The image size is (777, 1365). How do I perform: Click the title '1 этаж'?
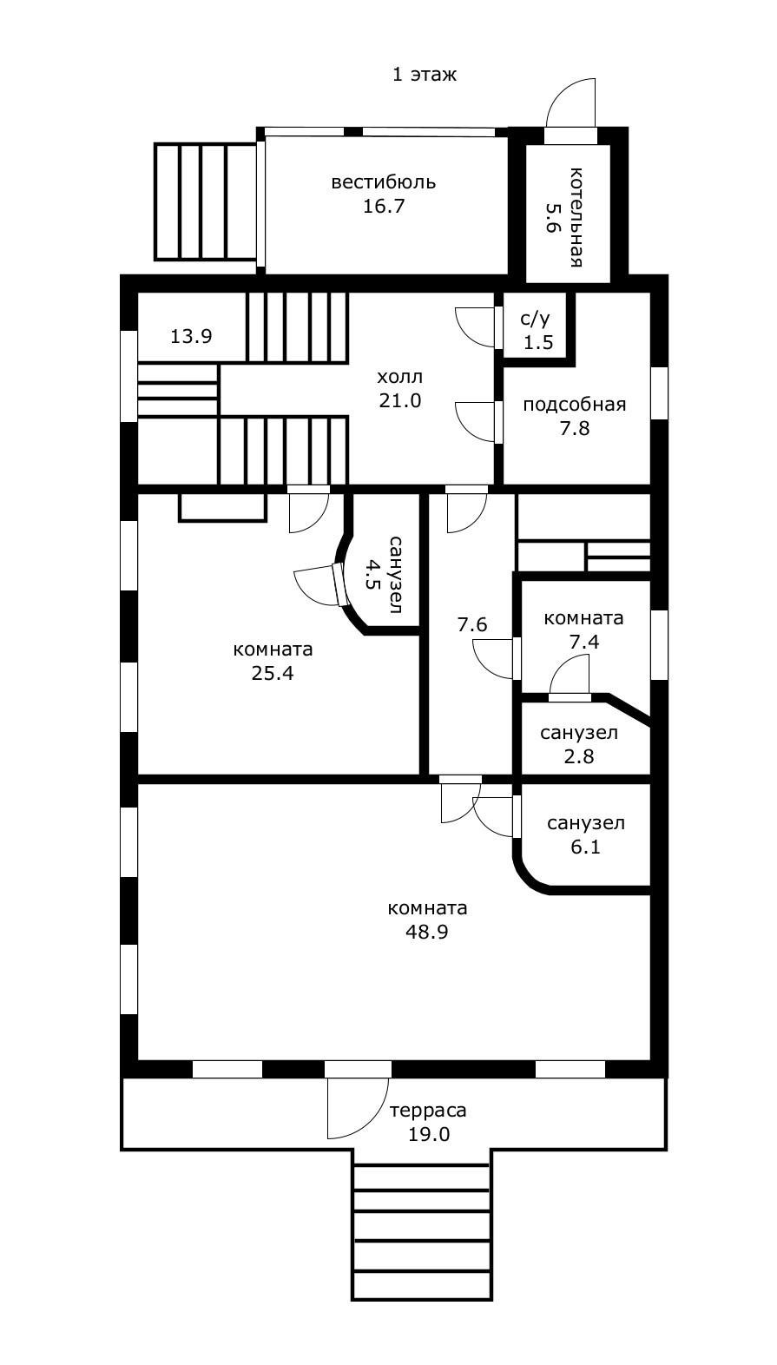(425, 75)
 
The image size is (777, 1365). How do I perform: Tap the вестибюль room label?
(384, 181)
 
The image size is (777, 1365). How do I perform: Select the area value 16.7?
(384, 206)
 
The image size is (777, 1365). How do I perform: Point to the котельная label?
(575, 217)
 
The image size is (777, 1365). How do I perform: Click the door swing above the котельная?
(570, 102)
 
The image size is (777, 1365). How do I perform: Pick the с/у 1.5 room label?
(537, 330)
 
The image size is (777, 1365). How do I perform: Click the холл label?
(399, 376)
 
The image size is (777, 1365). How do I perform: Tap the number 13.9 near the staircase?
(191, 336)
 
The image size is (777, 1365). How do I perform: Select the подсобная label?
(574, 405)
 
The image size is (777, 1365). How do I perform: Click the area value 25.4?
(273, 673)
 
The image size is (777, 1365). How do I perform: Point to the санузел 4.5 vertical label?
(384, 575)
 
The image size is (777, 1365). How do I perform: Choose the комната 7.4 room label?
(583, 630)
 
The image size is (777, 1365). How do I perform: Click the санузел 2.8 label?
(579, 744)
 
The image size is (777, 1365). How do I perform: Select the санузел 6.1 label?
(586, 834)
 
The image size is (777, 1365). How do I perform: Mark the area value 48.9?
(426, 932)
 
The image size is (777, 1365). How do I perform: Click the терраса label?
(428, 1111)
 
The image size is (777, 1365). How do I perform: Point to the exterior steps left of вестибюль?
(206, 201)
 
